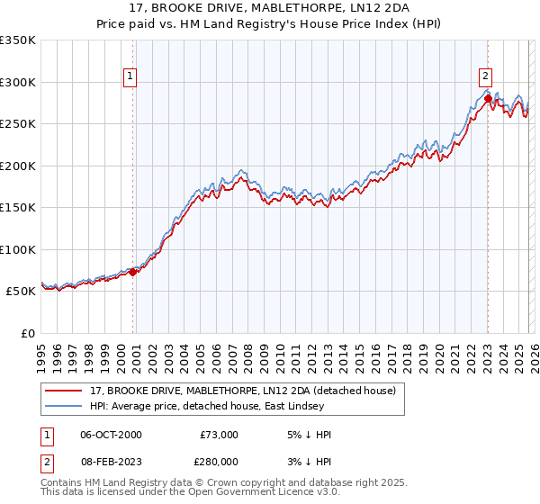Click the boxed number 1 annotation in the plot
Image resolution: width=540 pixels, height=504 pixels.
coord(130,77)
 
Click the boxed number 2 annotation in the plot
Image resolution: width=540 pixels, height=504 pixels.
coord(485,77)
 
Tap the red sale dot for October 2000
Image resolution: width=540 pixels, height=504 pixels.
coord(133,272)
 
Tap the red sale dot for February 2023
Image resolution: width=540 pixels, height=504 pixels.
coord(488,98)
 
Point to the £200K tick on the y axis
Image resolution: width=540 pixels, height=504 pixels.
coord(18,166)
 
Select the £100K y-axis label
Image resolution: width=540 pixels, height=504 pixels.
coord(18,249)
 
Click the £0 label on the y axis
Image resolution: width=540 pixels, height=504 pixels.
coord(29,333)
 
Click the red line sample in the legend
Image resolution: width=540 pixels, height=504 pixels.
coord(64,391)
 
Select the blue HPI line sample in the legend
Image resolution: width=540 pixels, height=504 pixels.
coord(64,407)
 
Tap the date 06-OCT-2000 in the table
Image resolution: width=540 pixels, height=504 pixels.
coord(111,435)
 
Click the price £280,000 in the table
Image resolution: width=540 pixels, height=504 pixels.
coord(218,460)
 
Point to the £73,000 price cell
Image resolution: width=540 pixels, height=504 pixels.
coord(218,435)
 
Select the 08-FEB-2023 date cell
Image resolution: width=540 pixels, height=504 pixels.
coord(111,460)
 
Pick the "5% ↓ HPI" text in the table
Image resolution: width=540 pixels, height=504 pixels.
coord(310,435)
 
